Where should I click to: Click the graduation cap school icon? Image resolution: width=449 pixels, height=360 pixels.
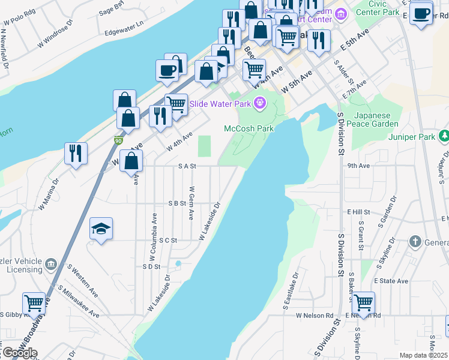click(x=101, y=228)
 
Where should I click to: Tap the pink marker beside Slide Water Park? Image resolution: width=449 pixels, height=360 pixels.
click(x=259, y=103)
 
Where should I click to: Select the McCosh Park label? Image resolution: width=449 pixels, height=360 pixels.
click(x=249, y=128)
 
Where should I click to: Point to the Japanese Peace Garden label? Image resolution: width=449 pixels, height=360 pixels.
click(x=376, y=119)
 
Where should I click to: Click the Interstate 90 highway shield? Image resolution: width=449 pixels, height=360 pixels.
click(x=118, y=140)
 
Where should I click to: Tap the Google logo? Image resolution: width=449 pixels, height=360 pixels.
click(x=19, y=353)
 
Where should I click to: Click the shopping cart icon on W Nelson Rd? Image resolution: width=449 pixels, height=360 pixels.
click(x=364, y=302)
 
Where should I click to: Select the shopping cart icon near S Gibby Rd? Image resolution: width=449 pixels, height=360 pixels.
click(x=34, y=302)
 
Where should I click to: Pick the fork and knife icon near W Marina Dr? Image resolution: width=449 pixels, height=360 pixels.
click(x=76, y=153)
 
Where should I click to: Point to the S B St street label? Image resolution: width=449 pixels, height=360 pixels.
click(x=177, y=203)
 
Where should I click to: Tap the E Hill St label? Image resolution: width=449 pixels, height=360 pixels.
click(x=359, y=212)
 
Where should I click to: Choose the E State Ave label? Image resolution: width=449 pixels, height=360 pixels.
click(x=391, y=281)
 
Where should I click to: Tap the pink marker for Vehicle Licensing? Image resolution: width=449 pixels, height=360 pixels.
click(x=51, y=263)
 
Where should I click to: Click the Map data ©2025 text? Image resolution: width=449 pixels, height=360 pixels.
click(x=423, y=355)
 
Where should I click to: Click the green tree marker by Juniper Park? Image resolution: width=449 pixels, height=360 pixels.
click(x=444, y=137)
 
